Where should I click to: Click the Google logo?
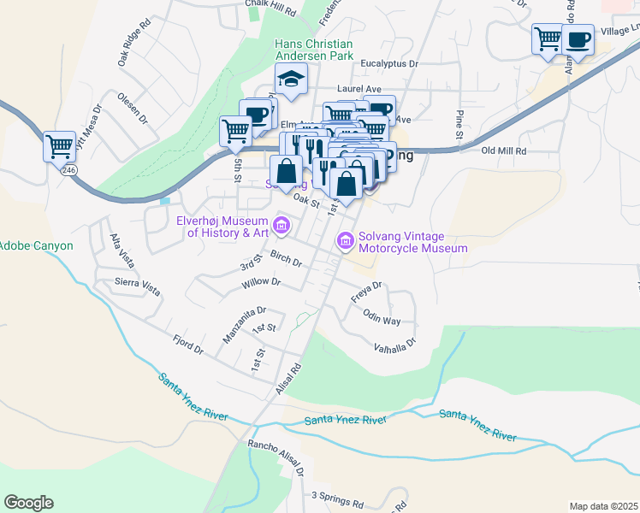tap(28, 503)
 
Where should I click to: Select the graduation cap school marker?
tap(291, 80)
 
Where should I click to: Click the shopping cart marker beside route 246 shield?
tap(59, 146)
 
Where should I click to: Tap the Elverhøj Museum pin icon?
tap(283, 226)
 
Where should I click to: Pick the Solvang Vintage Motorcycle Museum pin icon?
tap(346, 241)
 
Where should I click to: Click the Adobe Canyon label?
tap(36, 245)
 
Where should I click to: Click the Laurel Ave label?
tap(359, 88)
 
